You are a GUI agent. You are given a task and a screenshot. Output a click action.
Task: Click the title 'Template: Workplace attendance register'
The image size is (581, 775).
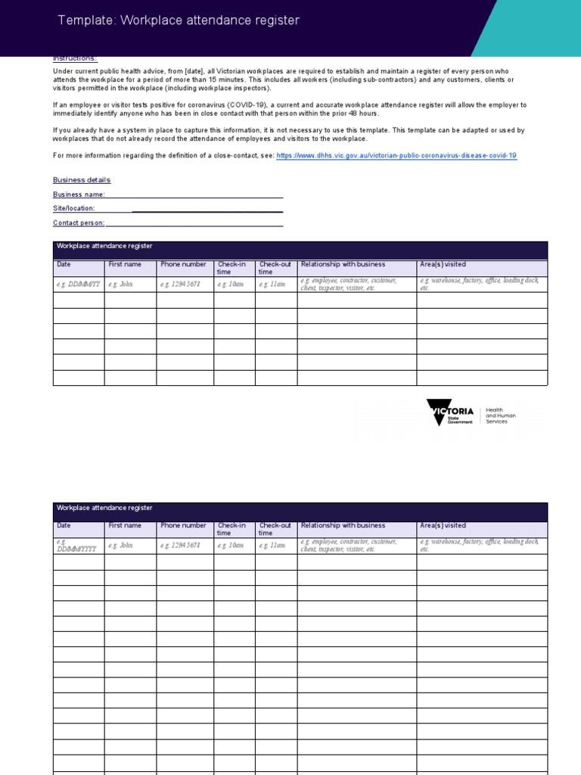point(179,20)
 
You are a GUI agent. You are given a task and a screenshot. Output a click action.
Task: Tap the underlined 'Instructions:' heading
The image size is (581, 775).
point(75,59)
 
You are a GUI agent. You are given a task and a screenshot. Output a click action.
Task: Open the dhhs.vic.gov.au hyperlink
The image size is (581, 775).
point(396,155)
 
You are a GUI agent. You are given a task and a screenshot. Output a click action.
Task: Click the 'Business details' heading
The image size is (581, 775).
point(82,180)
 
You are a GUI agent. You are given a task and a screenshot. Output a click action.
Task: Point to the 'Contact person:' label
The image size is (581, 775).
point(79,223)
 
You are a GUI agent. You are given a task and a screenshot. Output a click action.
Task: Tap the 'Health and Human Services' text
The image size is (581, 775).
point(496,415)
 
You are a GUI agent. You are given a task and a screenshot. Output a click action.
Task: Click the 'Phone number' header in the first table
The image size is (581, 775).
point(183,265)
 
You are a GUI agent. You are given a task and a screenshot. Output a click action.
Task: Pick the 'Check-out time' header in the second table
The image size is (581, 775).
point(275,529)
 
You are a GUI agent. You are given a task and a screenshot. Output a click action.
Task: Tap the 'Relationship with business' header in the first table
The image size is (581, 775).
point(343,265)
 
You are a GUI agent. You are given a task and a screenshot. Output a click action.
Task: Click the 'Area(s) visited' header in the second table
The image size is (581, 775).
point(443,525)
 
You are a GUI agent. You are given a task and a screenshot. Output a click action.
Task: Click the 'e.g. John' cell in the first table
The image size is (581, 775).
point(120,285)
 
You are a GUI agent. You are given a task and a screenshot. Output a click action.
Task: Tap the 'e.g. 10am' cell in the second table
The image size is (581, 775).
point(231,545)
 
